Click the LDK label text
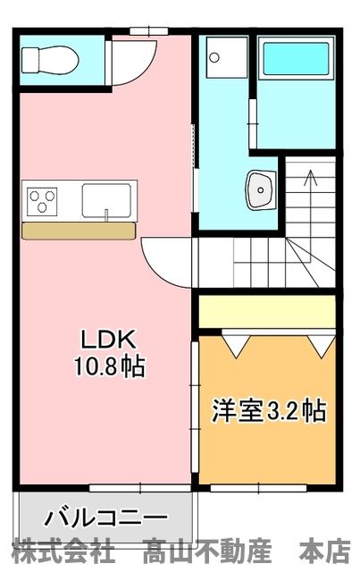(x=108, y=340)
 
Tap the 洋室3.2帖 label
(x=268, y=411)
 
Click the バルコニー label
(x=105, y=518)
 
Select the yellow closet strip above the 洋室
(x=266, y=312)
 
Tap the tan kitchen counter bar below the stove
(x=79, y=231)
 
